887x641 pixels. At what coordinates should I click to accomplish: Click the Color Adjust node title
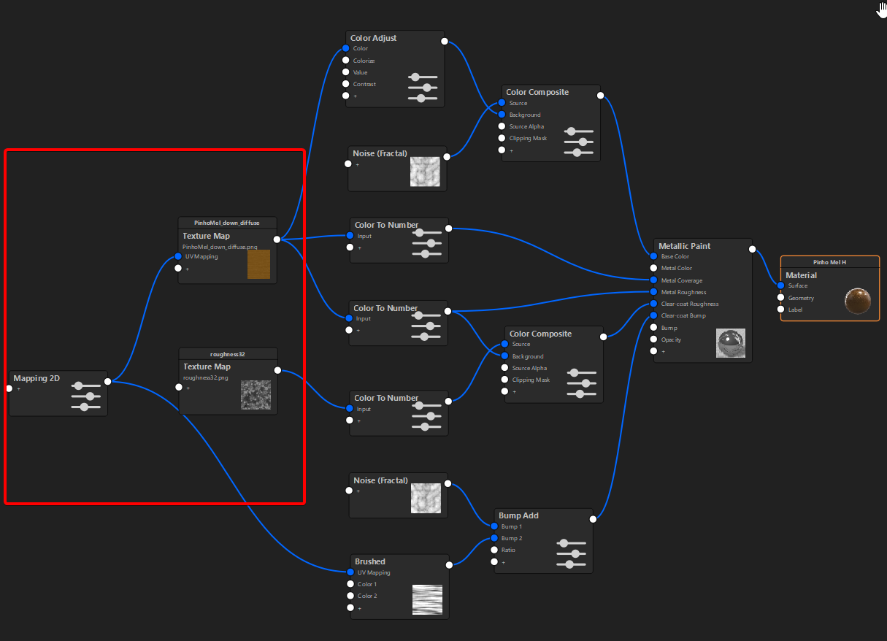373,38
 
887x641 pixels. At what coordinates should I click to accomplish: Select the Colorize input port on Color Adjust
346,60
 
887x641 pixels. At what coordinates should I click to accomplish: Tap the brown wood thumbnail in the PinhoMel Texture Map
258,264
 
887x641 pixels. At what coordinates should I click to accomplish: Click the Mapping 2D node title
37,378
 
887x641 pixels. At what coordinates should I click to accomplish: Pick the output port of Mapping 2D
108,381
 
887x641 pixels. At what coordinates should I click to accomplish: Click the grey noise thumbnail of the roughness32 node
256,395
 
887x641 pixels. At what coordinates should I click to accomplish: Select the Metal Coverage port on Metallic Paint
653,280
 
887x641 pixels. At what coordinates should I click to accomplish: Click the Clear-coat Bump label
683,315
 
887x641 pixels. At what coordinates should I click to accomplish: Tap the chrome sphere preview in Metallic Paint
731,343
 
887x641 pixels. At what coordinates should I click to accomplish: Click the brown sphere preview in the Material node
857,301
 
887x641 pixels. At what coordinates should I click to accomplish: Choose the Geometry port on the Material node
780,297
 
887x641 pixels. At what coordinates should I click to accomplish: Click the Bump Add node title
518,515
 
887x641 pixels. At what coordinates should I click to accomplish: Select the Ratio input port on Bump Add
494,550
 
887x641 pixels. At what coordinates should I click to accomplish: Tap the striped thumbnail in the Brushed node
427,599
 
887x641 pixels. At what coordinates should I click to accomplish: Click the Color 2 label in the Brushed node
367,596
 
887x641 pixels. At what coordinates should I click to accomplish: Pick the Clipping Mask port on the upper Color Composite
502,138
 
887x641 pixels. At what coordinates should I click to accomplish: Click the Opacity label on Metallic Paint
671,339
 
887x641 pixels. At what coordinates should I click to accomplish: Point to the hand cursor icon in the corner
881,9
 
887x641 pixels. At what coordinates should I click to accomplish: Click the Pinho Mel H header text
829,262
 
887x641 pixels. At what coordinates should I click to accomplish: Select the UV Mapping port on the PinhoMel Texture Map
178,256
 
